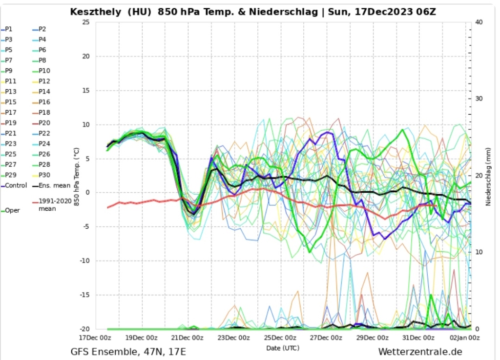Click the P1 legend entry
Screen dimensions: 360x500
point(10,29)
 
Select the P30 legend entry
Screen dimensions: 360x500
point(44,175)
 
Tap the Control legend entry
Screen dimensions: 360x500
point(15,186)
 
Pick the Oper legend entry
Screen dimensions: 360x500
point(13,211)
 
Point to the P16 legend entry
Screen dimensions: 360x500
point(44,102)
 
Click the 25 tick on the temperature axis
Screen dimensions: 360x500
point(85,22)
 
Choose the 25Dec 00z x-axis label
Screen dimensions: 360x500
point(280,338)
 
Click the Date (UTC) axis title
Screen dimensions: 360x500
point(283,348)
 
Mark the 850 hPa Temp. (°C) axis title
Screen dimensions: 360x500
point(77,176)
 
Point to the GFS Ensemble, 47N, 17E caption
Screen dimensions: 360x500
point(128,352)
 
